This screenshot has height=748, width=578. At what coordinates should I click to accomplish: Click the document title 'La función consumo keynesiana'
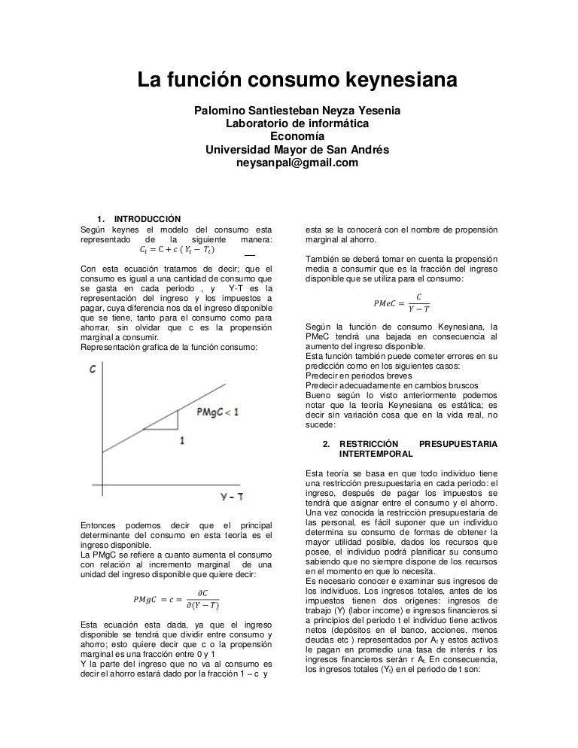click(297, 79)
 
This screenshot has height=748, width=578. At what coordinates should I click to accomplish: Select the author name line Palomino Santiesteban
click(297, 111)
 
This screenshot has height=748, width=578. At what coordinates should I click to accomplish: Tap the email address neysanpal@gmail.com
click(297, 163)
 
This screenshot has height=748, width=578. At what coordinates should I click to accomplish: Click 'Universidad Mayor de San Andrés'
click(297, 150)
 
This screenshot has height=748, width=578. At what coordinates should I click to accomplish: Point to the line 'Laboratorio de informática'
click(297, 124)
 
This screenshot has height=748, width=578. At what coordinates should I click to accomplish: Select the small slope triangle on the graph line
click(166, 422)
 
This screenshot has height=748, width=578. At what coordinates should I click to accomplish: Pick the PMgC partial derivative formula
click(175, 599)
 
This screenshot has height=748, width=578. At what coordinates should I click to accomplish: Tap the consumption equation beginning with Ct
click(177, 250)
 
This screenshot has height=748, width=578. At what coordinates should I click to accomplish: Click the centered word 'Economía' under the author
click(297, 137)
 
